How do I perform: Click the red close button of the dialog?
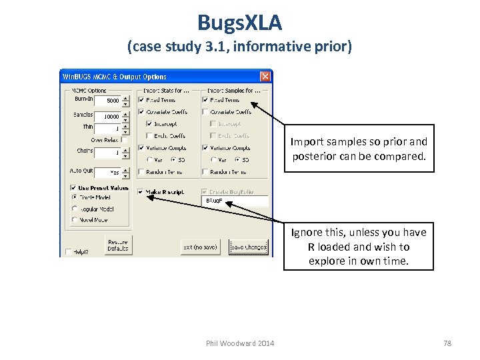point(265,77)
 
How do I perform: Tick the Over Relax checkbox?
point(124,140)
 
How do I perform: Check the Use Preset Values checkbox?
point(73,188)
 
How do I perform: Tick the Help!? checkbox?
point(69,251)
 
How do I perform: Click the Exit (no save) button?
point(200,247)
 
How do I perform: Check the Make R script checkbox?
point(141,192)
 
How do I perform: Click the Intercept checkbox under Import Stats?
point(149,123)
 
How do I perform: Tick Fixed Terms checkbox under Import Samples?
point(205,100)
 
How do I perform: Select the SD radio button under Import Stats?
point(173,160)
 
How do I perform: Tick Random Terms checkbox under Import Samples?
point(205,172)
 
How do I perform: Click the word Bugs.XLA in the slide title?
point(239,23)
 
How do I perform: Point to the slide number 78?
point(447,343)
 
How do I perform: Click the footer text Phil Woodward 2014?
point(240,343)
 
